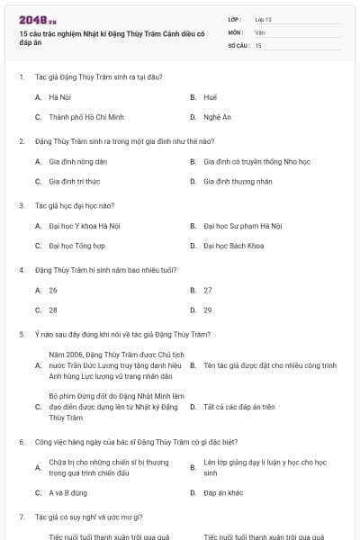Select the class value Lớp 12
pyautogui.click(x=263, y=19)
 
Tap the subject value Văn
pyautogui.click(x=259, y=31)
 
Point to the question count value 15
pyautogui.click(x=258, y=45)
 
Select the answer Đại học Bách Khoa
pyautogui.click(x=234, y=245)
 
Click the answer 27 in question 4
pyautogui.click(x=208, y=290)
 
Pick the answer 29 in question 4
pyautogui.click(x=208, y=310)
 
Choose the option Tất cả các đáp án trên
pyautogui.click(x=239, y=406)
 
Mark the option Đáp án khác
pyautogui.click(x=223, y=492)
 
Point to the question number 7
pyautogui.click(x=21, y=517)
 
